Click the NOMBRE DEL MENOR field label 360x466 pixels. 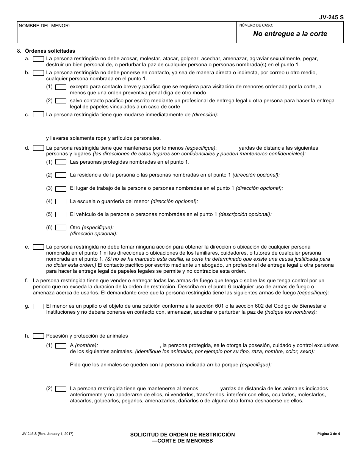coord(44,26)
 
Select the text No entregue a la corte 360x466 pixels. coord(290,34)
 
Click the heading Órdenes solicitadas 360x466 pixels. coord(50,51)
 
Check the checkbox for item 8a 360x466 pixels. coord(38,59)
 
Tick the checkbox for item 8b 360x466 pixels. coord(38,73)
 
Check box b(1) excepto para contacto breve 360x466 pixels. coord(61,87)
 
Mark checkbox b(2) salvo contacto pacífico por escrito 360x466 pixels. coord(61,101)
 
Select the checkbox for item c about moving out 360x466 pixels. coord(38,115)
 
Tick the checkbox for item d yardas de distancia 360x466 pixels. coord(38,148)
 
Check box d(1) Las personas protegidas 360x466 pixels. coord(61,162)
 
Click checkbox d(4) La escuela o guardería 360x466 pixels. coord(61,202)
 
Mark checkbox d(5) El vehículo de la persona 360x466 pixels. coord(61,214)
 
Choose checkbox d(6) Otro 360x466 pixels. coord(61,228)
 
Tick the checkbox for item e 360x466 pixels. coord(38,247)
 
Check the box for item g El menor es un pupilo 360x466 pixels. coord(38,306)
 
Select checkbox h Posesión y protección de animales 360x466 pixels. coord(38,336)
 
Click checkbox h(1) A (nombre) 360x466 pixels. coord(61,346)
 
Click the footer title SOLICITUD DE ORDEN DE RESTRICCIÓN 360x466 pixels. coord(182,435)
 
